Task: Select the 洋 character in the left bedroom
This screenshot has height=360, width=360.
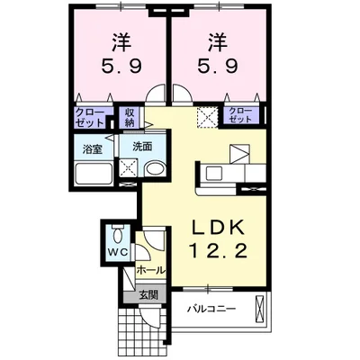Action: pyautogui.click(x=121, y=40)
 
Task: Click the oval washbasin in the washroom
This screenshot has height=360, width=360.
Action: pyautogui.click(x=155, y=168)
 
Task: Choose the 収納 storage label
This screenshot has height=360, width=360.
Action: pyautogui.click(x=130, y=117)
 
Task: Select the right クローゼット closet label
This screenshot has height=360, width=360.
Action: pyautogui.click(x=239, y=114)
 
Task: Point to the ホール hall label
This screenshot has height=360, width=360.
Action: pyautogui.click(x=149, y=269)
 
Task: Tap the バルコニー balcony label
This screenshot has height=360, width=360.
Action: pyautogui.click(x=211, y=309)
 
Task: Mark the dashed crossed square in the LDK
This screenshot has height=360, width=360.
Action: pyautogui.click(x=207, y=115)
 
